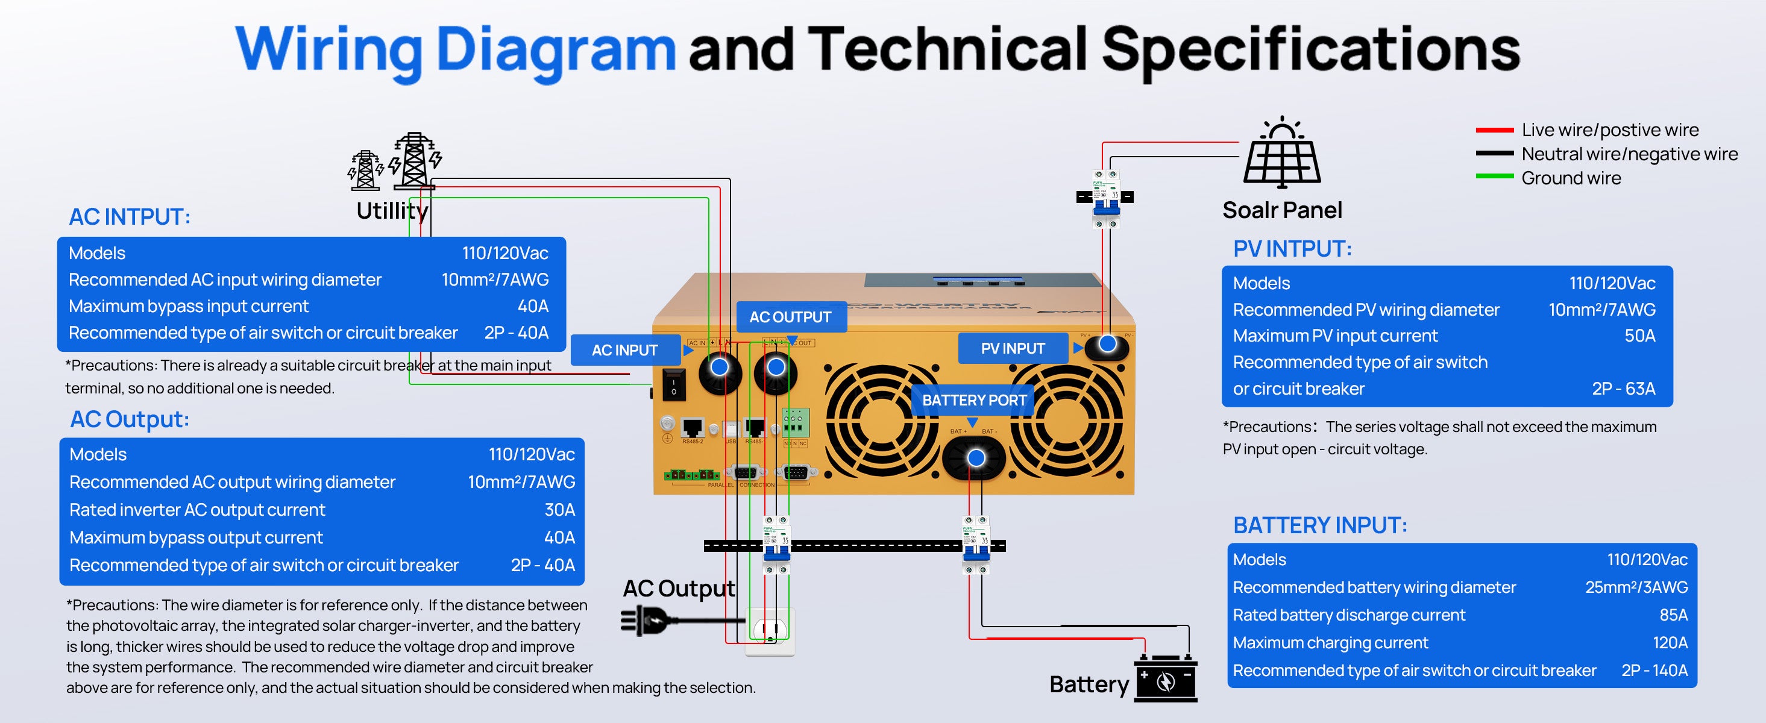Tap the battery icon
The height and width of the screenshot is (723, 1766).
point(1166,679)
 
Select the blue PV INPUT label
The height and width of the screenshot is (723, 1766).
point(1013,348)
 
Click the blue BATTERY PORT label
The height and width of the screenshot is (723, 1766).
point(973,400)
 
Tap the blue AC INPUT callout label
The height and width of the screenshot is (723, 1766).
point(624,350)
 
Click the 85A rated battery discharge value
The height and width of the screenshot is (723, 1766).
point(1673,615)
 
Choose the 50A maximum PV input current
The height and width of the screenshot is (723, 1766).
point(1639,336)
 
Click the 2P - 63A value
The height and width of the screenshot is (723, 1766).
point(1623,389)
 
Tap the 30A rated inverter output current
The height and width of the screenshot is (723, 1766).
point(559,510)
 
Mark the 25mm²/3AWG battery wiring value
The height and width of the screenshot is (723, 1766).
point(1636,587)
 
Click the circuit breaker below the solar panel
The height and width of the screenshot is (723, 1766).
point(1105,198)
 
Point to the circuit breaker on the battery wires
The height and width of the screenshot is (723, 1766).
point(976,545)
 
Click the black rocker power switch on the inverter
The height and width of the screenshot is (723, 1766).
point(673,384)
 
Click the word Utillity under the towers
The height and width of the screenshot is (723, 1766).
point(392,210)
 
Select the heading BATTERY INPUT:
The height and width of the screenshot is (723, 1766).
point(1320,525)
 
